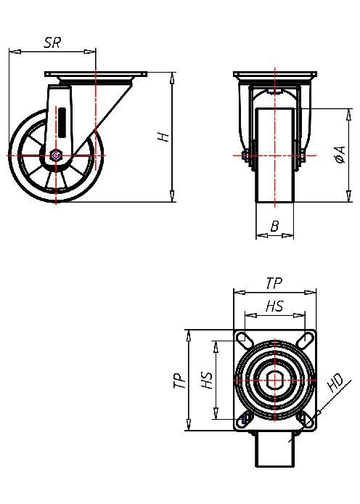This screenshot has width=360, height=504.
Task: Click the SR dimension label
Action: (52, 43)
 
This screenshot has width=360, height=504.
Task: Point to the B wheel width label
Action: (274, 227)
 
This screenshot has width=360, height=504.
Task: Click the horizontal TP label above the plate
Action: (274, 283)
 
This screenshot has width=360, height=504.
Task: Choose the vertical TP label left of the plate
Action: (179, 381)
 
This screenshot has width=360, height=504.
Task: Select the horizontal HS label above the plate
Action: (274, 306)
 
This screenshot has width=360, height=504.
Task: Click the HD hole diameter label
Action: (335, 383)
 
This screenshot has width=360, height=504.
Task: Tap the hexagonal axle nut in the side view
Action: (56, 155)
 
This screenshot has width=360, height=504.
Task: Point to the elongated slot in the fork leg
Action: (62, 120)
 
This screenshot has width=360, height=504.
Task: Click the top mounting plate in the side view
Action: (95, 75)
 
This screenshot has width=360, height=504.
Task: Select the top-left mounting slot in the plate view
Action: (245, 341)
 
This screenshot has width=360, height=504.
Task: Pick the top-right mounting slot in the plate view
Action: (305, 341)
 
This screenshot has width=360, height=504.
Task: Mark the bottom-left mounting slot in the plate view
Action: (245, 418)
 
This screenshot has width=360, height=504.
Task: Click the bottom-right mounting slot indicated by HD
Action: (305, 418)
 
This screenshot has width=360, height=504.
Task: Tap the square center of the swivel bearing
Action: (275, 380)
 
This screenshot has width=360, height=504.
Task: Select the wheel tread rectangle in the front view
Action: (275, 156)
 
